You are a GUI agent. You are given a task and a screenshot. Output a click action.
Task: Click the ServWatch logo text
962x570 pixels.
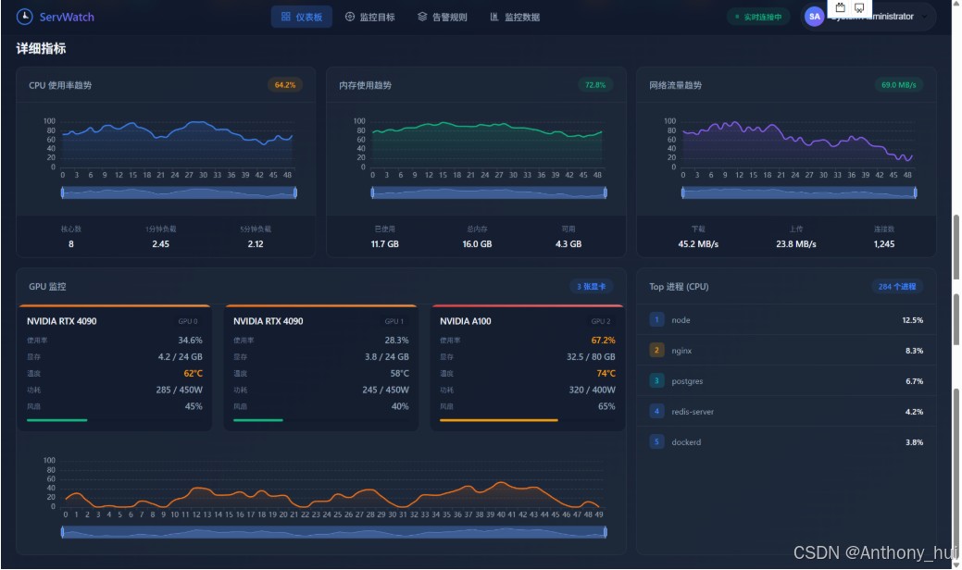(67, 17)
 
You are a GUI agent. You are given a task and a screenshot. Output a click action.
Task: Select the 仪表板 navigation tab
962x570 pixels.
(302, 17)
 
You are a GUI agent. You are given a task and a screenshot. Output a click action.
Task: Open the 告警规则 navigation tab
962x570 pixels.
(443, 17)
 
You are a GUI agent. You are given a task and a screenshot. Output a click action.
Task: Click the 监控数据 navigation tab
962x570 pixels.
(515, 17)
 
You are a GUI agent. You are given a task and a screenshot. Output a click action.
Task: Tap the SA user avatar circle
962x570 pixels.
(815, 17)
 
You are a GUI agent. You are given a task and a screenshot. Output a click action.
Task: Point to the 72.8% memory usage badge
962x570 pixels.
(594, 85)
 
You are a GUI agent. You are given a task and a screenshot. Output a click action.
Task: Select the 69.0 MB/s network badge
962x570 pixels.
(899, 85)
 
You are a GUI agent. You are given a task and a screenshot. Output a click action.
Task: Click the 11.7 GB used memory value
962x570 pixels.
(385, 244)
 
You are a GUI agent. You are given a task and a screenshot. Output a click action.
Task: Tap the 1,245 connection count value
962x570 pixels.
(884, 244)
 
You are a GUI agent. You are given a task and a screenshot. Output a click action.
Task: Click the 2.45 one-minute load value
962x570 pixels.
(161, 244)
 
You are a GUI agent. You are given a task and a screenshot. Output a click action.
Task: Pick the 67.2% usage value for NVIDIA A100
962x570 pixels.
(603, 341)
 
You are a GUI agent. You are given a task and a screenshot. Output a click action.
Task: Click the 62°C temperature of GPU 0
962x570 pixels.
(193, 374)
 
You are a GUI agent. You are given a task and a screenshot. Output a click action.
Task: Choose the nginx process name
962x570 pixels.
(681, 351)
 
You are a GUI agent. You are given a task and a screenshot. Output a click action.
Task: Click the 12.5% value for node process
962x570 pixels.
(913, 320)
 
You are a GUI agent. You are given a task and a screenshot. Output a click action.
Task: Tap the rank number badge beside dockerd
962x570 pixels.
(657, 442)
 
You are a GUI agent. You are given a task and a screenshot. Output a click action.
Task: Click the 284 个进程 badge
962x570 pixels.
(897, 287)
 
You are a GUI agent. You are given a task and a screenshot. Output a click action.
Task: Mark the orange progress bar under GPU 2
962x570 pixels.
(499, 420)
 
